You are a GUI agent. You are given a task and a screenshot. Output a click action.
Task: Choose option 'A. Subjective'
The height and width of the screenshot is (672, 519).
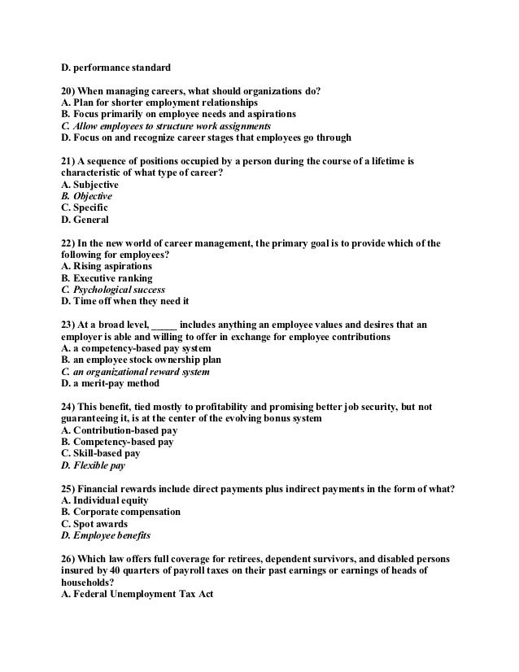point(89,185)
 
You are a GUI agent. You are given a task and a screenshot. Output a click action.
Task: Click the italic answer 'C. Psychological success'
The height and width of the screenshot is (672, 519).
point(113,289)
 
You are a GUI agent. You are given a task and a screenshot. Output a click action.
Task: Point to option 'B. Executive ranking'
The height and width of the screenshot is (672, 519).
point(107,277)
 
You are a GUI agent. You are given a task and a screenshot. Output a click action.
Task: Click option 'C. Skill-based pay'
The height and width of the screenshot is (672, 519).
point(101,453)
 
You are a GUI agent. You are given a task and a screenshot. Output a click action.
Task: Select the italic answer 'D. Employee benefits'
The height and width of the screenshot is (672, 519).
point(106,535)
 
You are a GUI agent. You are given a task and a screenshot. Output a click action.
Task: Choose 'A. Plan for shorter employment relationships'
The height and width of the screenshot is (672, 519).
point(159,103)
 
